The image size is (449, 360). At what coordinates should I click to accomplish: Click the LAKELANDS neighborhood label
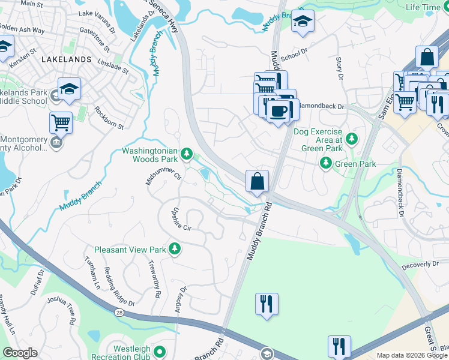pos(66,59)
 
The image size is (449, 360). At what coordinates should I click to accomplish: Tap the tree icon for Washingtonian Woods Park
pos(187,155)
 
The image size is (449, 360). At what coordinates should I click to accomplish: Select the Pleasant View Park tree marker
pos(175,248)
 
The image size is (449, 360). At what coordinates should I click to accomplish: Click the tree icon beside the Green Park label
pos(326,163)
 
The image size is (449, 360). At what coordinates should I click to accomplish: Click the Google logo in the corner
pos(20,353)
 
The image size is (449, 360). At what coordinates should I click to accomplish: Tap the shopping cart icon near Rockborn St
pos(61,122)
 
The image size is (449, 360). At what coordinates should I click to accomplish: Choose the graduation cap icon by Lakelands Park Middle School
pos(69,88)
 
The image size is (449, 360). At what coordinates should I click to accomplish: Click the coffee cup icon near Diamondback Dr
pos(277,110)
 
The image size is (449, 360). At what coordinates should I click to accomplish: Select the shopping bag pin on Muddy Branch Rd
pos(257,181)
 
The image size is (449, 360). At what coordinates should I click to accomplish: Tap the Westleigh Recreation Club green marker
pos(160,352)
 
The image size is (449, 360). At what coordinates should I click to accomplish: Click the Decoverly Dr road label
pos(420,265)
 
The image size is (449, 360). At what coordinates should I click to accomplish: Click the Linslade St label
pos(113,66)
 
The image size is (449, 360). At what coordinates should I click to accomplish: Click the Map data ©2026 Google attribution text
pos(412,355)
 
